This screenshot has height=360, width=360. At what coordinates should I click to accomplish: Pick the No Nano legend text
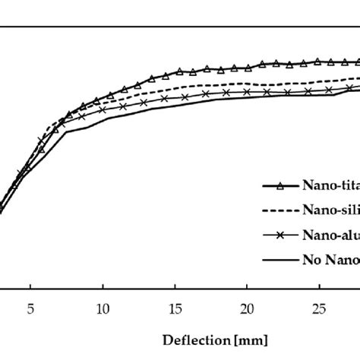(330, 261)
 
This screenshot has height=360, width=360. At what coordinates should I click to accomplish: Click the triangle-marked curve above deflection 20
(247, 67)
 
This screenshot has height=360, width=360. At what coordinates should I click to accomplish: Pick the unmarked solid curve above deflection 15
(175, 104)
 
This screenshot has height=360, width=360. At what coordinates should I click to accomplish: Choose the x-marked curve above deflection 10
(103, 110)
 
